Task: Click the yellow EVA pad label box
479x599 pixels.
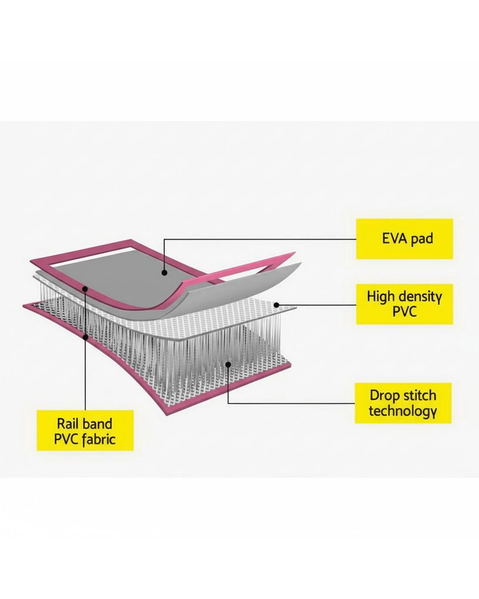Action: click(405, 239)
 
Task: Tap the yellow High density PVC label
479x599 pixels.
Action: click(405, 304)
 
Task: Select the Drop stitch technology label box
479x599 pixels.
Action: click(403, 403)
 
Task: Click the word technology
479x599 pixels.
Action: click(403, 411)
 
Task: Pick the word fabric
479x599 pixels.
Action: click(99, 440)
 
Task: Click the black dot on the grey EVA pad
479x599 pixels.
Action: click(165, 273)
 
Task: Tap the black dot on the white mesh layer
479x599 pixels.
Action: click(276, 305)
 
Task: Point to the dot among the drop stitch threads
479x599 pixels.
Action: click(228, 364)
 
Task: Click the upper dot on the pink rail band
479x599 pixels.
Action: click(85, 289)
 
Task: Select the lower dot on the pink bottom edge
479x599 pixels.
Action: click(85, 337)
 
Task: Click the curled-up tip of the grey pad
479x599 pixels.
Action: click(301, 263)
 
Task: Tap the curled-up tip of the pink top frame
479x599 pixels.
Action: click(294, 253)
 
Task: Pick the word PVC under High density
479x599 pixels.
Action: click(405, 311)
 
